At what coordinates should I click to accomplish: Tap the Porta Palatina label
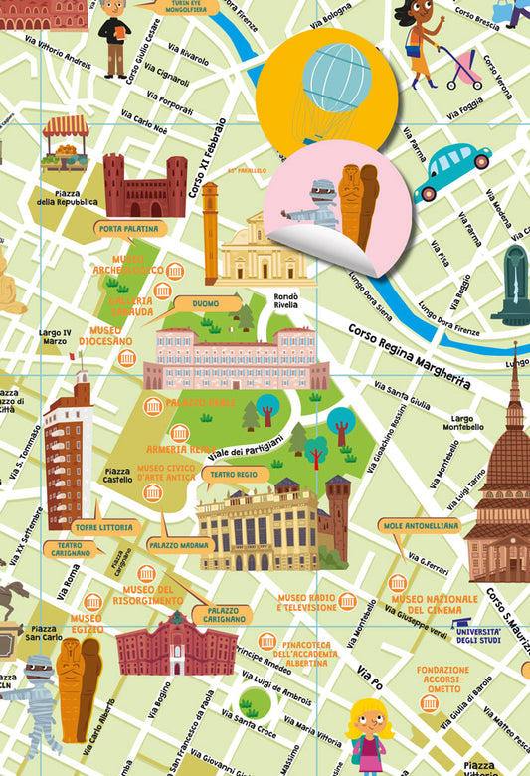pos(126,228)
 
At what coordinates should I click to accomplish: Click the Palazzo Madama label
pos(178,545)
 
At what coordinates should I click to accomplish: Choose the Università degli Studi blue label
pos(476,632)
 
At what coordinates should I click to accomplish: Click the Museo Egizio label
pos(87,624)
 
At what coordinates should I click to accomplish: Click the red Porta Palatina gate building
pos(145,187)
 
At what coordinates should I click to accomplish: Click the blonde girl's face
pos(368,719)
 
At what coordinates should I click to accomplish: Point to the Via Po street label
pos(370,686)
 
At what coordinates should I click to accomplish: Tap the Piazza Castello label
pos(117,477)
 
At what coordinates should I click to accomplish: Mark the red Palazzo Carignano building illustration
pos(176,646)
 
